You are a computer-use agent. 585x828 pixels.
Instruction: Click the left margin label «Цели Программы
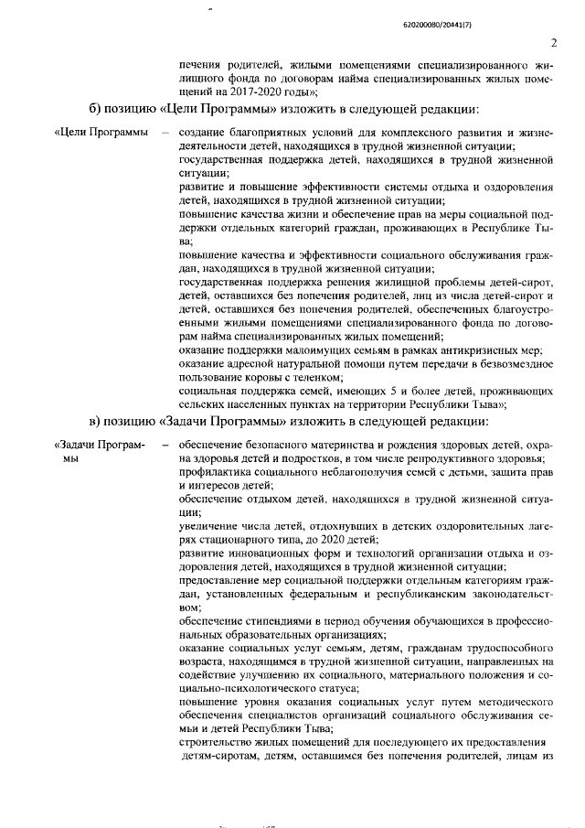click(101, 135)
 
